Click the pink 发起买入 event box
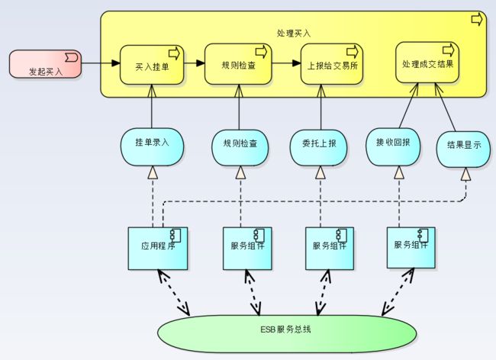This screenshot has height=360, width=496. point(45,63)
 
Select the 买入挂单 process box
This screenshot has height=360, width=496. point(152,65)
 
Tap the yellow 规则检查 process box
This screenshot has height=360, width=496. point(238,64)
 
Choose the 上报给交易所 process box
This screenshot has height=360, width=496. point(332,64)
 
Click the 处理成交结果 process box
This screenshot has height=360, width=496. point(427,63)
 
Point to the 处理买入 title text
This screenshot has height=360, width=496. point(294,34)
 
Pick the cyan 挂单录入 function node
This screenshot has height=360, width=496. point(152,147)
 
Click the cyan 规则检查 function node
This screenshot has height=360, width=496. point(240,148)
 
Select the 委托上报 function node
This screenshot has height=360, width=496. point(318,148)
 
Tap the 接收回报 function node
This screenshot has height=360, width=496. point(393,147)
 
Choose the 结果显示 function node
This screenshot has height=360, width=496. point(463,149)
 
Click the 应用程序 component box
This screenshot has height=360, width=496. point(158,249)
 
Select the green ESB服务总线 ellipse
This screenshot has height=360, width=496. point(287,333)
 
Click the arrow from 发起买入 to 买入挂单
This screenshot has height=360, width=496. point(101,63)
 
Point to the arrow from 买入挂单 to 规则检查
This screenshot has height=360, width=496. point(195,63)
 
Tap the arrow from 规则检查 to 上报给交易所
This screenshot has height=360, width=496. point(286,63)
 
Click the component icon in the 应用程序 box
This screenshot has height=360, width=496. point(176,236)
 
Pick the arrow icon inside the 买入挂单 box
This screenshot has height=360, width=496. point(174,53)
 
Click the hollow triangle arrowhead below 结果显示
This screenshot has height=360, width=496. point(465,174)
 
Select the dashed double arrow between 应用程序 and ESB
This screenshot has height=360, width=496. point(174,293)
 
